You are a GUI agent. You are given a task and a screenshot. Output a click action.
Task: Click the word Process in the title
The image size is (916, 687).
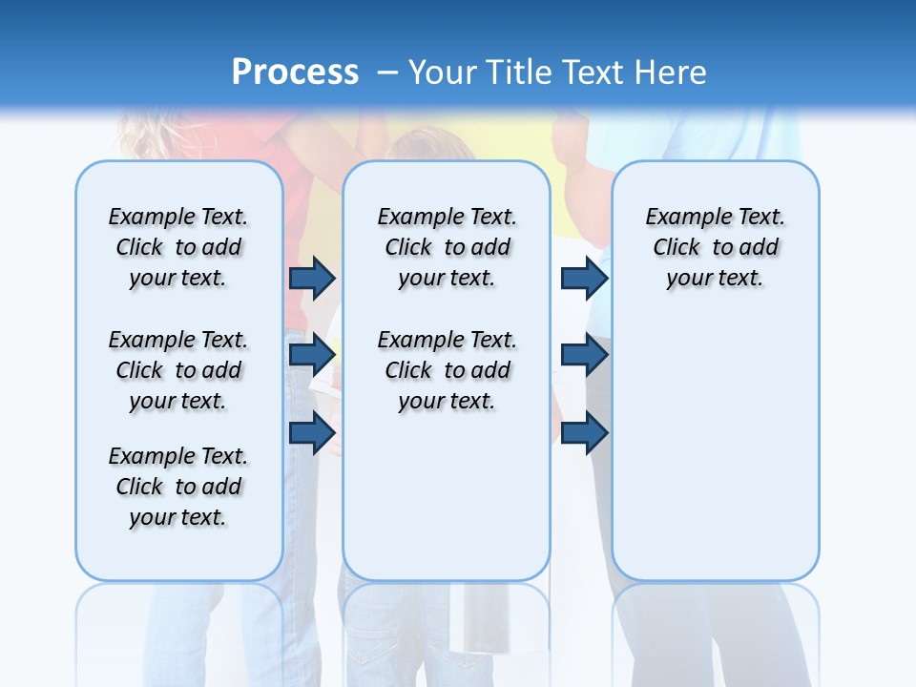click(x=295, y=72)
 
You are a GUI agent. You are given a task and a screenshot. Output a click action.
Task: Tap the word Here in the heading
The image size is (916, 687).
click(x=672, y=72)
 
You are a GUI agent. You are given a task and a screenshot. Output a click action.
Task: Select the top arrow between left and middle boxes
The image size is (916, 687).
click(x=312, y=278)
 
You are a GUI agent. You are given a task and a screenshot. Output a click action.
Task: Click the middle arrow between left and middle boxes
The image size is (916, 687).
click(x=312, y=355)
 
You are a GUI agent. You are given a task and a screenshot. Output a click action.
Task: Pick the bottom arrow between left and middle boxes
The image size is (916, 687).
click(x=312, y=433)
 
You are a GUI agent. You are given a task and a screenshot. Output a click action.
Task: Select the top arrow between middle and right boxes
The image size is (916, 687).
click(x=584, y=278)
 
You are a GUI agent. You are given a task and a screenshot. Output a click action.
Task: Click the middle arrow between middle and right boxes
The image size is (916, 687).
click(x=584, y=355)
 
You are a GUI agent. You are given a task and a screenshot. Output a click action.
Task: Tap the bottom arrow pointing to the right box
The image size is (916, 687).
click(x=584, y=433)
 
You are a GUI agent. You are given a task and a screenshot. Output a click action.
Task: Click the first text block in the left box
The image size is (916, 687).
click(x=178, y=247)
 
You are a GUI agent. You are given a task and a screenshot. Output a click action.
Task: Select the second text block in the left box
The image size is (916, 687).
click(x=178, y=370)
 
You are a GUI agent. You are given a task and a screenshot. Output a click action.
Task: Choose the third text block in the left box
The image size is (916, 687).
click(x=178, y=487)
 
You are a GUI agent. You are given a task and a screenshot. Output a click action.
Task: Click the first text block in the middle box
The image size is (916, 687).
click(x=448, y=247)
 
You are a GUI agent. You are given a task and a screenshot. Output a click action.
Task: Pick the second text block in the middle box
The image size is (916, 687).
click(x=448, y=370)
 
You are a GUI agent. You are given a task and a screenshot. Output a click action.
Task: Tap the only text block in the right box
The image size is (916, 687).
click(x=716, y=247)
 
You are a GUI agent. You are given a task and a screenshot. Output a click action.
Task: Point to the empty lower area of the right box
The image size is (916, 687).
click(x=716, y=448)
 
